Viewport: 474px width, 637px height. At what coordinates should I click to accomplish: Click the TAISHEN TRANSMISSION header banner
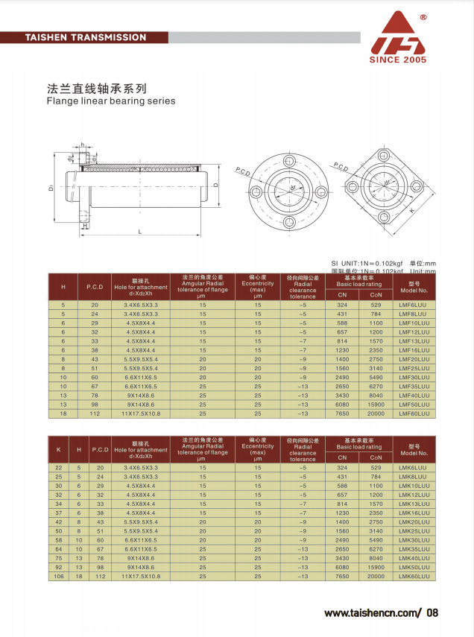click(86, 37)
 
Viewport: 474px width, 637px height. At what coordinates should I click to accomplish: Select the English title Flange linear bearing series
click(111, 101)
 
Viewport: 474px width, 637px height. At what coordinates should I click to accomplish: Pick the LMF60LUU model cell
click(414, 413)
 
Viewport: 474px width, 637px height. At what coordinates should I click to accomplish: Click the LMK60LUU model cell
click(414, 577)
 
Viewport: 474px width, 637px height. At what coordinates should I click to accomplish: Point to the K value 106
click(59, 577)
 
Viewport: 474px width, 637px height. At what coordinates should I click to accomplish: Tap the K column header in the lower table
click(59, 449)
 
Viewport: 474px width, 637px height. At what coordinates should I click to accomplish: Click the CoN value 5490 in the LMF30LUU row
click(376, 377)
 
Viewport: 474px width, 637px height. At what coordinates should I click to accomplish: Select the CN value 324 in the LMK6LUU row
click(342, 467)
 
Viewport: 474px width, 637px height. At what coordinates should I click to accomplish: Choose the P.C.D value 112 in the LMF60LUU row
click(95, 413)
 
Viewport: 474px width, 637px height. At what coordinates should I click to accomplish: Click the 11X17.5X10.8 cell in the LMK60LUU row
click(141, 577)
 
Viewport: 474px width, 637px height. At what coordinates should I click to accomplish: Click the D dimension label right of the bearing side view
click(215, 185)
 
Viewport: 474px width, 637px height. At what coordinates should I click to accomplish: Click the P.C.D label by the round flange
click(244, 171)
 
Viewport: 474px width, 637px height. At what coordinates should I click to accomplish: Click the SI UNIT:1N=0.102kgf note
click(367, 263)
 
